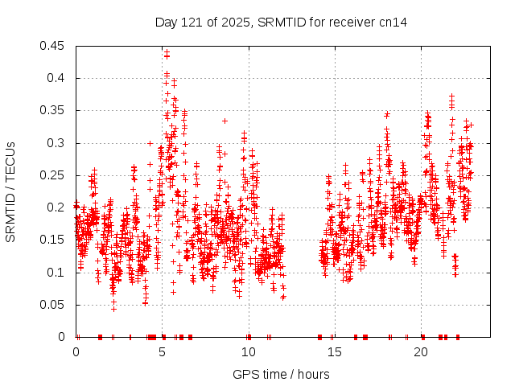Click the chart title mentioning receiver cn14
[281, 22]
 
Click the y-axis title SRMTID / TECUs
[10, 191]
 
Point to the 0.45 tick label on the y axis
[55, 46]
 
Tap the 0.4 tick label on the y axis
[58, 78]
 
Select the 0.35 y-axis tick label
[55, 110]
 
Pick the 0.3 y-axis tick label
[58, 143]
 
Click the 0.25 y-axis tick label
[55, 175]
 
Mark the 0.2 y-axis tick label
[58, 207]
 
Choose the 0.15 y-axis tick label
[55, 240]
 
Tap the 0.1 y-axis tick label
[58, 272]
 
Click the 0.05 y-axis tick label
[55, 304]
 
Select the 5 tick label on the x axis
[163, 351]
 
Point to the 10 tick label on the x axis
[249, 351]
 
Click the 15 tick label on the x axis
[335, 351]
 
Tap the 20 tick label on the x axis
[421, 351]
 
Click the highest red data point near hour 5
[166, 52]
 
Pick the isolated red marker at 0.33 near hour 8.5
[225, 121]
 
